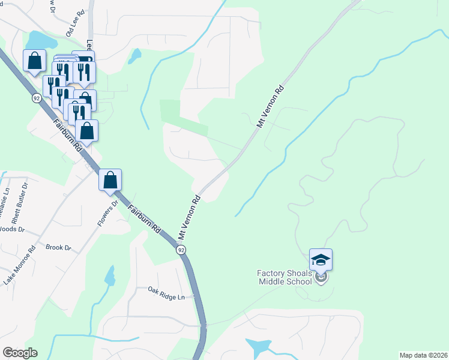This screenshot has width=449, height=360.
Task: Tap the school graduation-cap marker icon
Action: pyautogui.click(x=321, y=260)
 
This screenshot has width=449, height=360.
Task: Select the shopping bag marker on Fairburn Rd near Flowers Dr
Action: pyautogui.click(x=110, y=179)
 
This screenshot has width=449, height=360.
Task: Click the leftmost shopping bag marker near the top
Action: pyautogui.click(x=34, y=60)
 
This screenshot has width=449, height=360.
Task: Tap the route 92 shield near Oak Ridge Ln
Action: pyautogui.click(x=181, y=249)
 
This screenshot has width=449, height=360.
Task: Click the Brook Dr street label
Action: pyautogui.click(x=58, y=247)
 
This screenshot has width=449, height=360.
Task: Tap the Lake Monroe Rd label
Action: pyautogui.click(x=20, y=264)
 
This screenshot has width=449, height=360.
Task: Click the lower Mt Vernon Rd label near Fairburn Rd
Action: pyautogui.click(x=188, y=214)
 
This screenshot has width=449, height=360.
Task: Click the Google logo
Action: pyautogui.click(x=20, y=353)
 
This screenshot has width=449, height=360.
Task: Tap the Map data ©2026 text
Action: pyautogui.click(x=423, y=355)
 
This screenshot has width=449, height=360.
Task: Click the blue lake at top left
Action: pyautogui.click(x=39, y=41)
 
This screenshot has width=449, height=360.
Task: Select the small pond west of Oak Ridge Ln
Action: pyautogui.click(x=110, y=277)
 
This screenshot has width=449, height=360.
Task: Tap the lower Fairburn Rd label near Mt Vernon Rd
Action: pyautogui.click(x=144, y=218)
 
